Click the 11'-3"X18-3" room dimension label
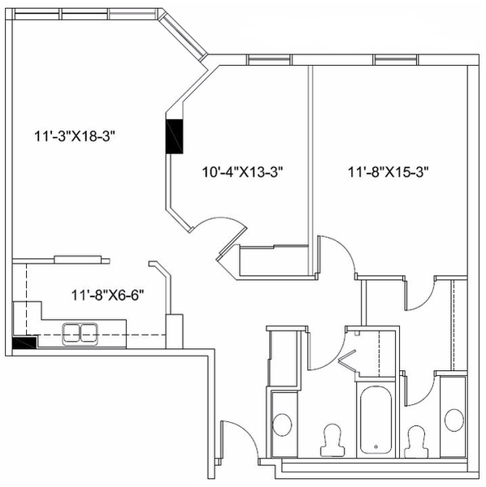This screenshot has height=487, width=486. point(75,136)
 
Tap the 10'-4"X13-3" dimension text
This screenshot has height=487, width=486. point(242,172)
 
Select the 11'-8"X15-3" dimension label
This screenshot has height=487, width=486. point(388,172)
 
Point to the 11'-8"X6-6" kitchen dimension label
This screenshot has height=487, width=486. point(108,295)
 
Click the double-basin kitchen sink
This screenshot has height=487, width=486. point(80,334)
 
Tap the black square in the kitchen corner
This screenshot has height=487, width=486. point(24,343)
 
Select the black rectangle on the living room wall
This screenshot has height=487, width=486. point(175,136)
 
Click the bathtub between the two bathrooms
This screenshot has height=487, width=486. point(375,420)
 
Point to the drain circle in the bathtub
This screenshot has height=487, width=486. point(376,447)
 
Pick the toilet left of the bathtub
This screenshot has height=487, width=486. point(332,440)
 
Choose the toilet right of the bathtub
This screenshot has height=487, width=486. point(416,442)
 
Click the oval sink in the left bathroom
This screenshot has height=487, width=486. point(282,425)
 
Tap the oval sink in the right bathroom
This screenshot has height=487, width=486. point(454,420)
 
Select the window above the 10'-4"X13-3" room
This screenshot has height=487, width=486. point(269,59)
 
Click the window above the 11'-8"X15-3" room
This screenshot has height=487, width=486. point(396,59)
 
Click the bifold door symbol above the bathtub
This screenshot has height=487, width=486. point(348,360)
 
